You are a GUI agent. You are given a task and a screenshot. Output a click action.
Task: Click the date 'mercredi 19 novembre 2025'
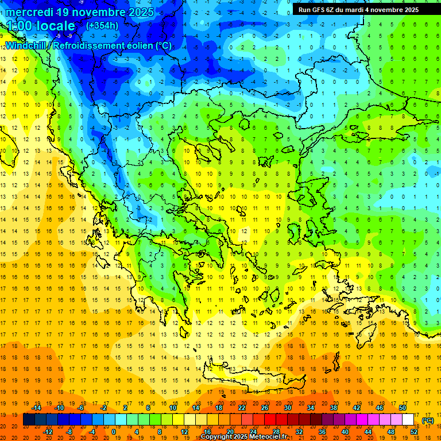click(80, 12)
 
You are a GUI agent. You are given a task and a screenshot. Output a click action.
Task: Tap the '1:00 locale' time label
click(40, 26)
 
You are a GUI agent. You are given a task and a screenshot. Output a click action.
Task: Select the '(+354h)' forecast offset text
click(102, 26)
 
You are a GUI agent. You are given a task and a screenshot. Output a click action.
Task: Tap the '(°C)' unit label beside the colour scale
click(428, 420)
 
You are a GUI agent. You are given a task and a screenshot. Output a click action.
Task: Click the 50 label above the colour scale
click(403, 408)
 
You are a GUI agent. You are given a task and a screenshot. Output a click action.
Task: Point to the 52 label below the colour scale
click(414, 432)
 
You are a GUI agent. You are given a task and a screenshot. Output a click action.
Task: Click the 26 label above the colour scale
click(265, 408)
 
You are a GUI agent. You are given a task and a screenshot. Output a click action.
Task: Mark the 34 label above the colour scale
click(311, 408)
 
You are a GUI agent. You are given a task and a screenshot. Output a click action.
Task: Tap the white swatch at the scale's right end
click(408, 420)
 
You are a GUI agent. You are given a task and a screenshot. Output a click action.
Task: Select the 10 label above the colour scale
click(173, 408)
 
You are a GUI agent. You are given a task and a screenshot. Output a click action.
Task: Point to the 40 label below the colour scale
click(345, 432)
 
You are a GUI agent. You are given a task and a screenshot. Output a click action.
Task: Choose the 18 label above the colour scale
click(219, 408)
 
